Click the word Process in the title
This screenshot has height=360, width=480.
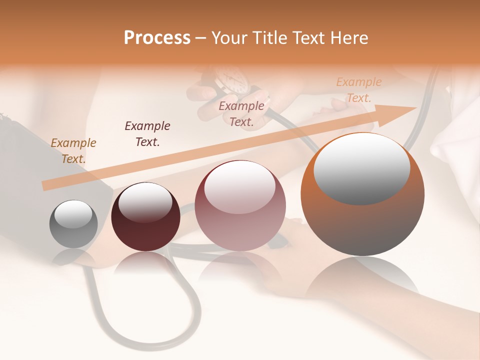pyautogui.click(x=157, y=38)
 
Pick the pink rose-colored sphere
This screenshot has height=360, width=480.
pyautogui.click(x=240, y=225)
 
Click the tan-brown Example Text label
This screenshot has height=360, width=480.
pyautogui.click(x=73, y=150)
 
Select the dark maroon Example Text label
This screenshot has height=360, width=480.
pyautogui.click(x=147, y=133)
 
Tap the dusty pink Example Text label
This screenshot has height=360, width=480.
pyautogui.click(x=241, y=113)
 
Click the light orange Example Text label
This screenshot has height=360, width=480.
pyautogui.click(x=358, y=90)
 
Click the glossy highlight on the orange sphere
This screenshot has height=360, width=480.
pyautogui.click(x=361, y=167)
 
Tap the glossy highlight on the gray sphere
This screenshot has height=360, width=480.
pyautogui.click(x=73, y=214)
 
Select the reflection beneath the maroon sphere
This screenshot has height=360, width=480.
pyautogui.click(x=145, y=265)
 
